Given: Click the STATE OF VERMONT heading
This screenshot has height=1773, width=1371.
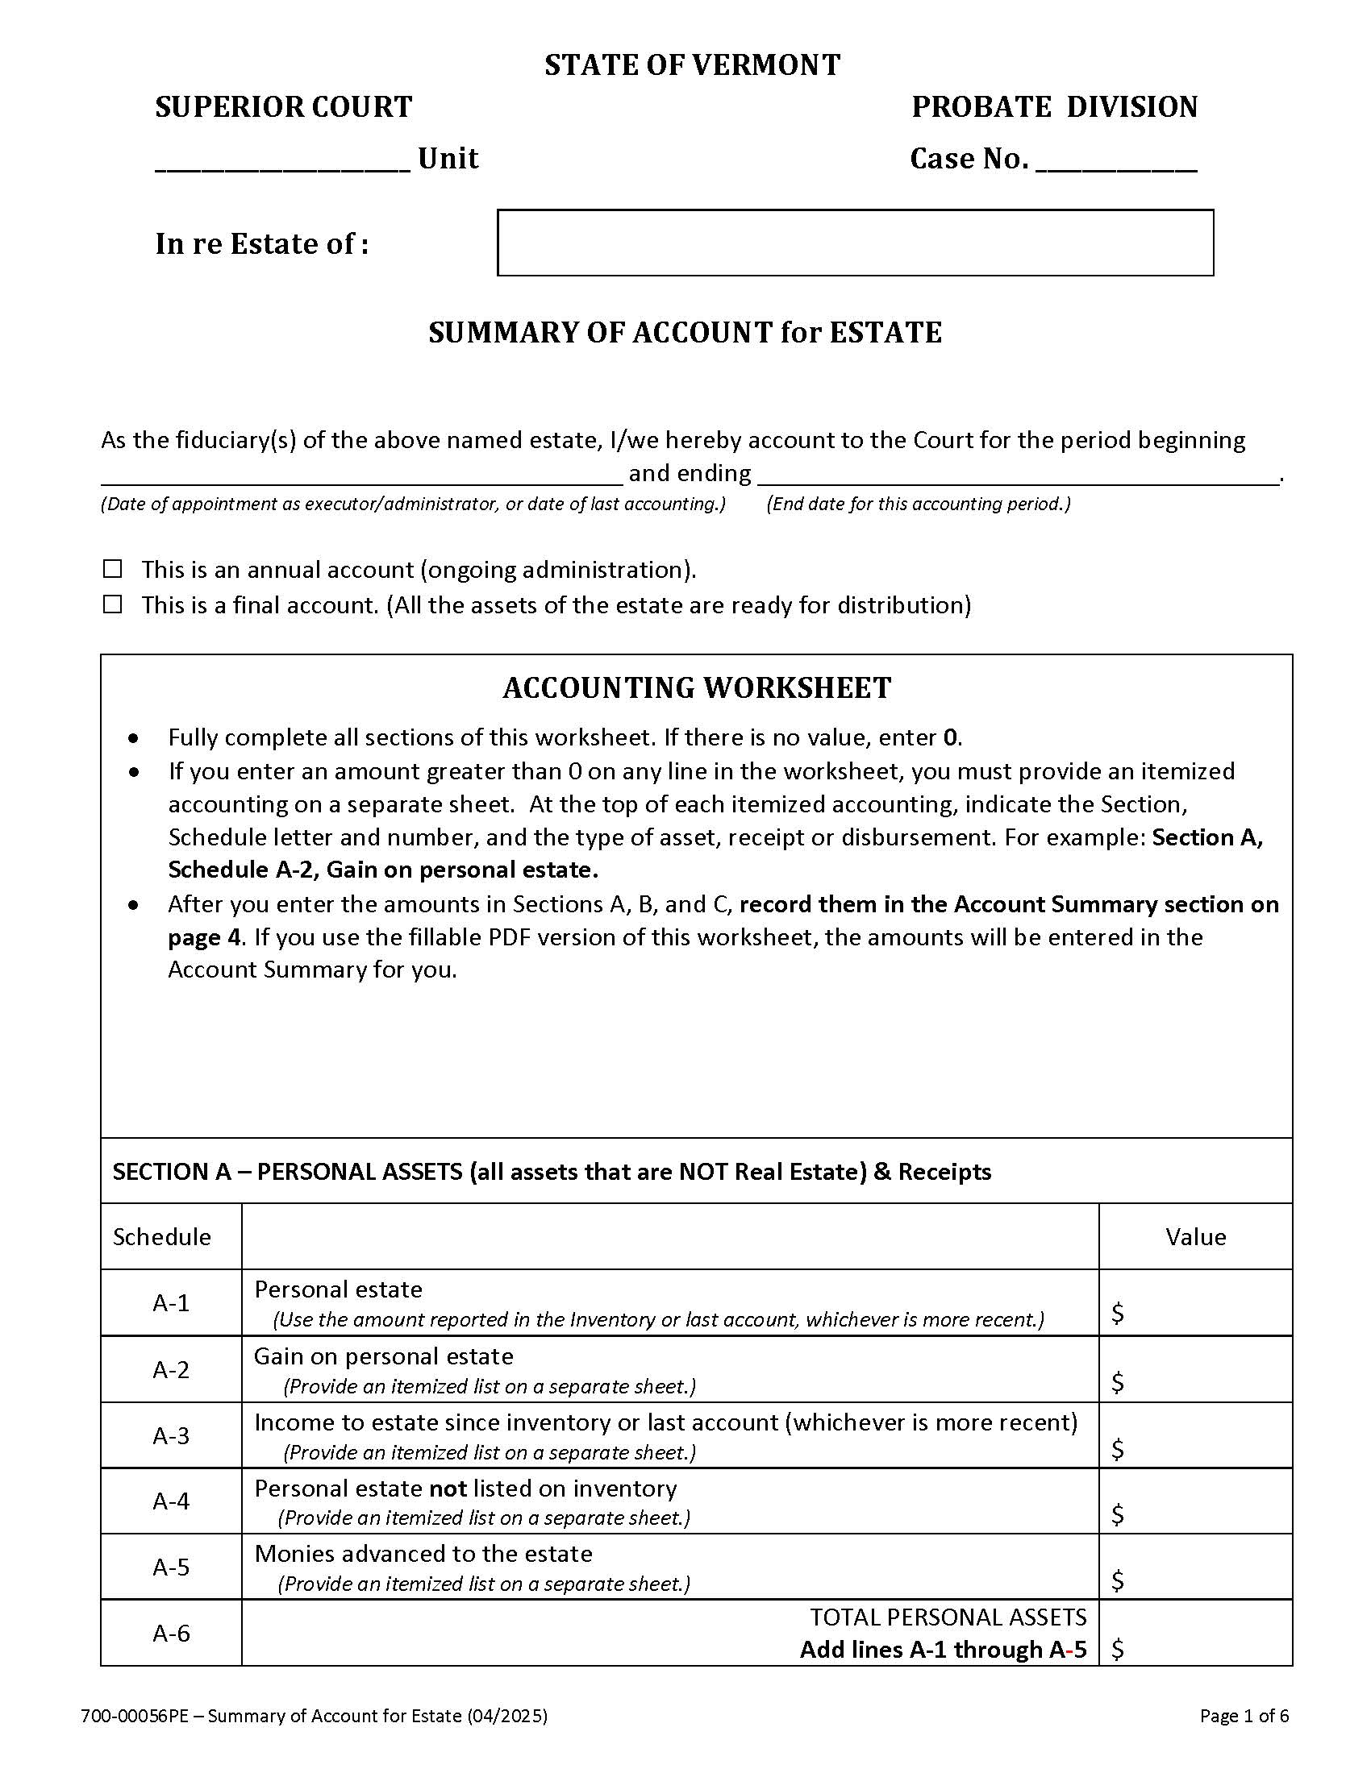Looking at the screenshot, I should [692, 65].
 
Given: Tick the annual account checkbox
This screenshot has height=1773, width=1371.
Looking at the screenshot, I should [113, 569].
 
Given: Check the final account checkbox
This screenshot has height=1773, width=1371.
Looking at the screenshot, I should [113, 604].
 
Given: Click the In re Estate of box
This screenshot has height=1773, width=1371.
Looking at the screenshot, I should [854, 243].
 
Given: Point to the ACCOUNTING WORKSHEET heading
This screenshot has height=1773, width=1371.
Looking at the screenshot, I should [696, 687].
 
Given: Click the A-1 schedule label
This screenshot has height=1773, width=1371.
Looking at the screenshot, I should [171, 1303].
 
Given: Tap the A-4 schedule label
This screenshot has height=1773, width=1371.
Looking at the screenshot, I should [171, 1501].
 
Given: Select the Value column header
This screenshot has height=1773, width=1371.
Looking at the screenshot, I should [1194, 1236].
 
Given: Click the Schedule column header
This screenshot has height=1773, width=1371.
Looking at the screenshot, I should [161, 1236].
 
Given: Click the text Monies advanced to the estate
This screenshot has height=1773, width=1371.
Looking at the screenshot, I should [423, 1554].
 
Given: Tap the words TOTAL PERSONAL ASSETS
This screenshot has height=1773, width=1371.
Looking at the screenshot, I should [948, 1617].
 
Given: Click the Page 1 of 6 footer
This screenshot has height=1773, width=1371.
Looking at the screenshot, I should [1244, 1716].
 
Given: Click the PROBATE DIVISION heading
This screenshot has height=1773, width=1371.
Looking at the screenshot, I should [1054, 107].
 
